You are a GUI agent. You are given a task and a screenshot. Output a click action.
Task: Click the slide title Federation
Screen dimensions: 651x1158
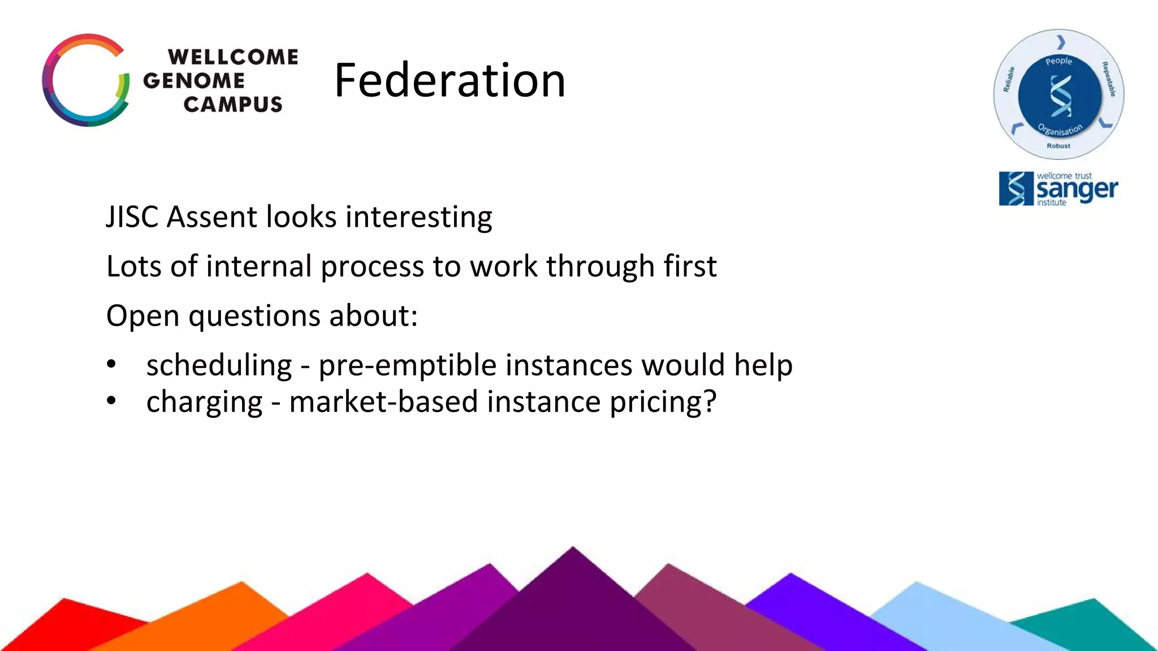450,80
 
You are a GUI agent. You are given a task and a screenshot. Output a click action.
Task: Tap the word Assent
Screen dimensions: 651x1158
212,217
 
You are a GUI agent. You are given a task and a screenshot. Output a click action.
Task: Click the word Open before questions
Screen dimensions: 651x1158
142,316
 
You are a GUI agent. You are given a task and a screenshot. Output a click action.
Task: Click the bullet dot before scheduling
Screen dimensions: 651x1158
111,364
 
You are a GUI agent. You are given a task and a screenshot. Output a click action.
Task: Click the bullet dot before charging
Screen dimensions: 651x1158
111,401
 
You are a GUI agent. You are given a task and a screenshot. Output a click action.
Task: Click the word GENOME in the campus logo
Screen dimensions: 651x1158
193,81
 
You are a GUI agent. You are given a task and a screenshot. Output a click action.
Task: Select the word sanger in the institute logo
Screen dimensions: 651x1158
1077,190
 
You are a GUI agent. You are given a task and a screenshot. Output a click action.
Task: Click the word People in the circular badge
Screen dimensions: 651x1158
1058,61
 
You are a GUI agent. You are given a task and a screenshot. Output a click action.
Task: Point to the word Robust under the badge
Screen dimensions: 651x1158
1058,146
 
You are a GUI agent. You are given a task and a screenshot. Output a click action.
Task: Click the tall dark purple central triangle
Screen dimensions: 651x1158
572,605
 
